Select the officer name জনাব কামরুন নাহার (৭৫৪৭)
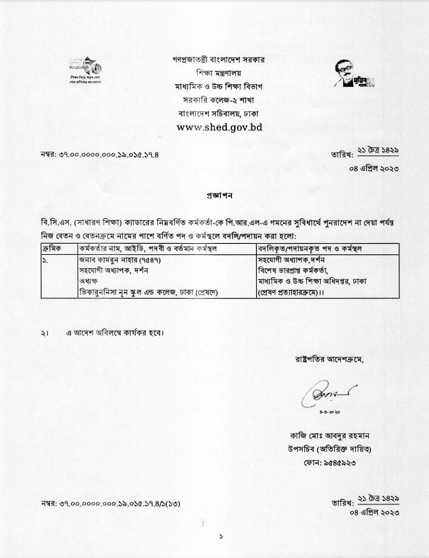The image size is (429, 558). coord(119,260)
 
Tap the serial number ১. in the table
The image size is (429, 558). coord(46,260)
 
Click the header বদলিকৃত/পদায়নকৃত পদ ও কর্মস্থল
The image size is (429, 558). coord(311,249)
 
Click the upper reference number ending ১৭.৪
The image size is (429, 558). coord(100,154)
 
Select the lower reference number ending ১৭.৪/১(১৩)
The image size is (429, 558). coord(110,503)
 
